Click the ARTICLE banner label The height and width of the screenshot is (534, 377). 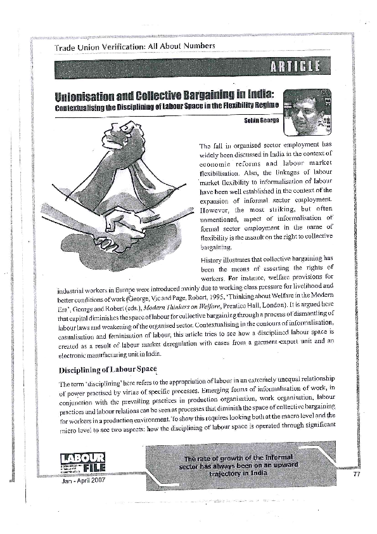pos(295,66)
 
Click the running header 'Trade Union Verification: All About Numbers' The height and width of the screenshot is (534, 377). pos(135,46)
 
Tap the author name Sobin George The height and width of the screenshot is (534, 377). pos(261,119)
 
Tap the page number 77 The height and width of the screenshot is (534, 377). pos(356,474)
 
